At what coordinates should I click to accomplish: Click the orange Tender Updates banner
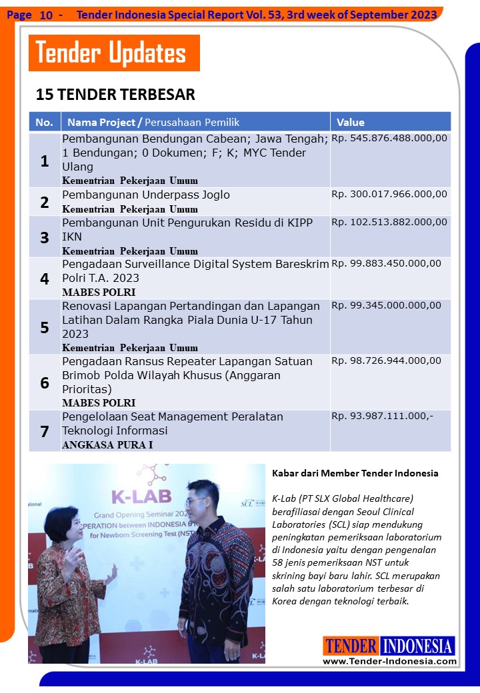point(113,53)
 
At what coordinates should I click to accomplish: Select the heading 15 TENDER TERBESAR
point(115,95)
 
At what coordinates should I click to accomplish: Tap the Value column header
point(351,122)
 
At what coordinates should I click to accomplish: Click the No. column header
point(44,122)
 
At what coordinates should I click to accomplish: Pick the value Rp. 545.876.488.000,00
point(389,139)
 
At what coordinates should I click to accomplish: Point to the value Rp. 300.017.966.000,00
point(389,194)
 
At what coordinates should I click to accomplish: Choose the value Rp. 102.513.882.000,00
point(389,222)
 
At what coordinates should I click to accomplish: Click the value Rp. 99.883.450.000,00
point(386,263)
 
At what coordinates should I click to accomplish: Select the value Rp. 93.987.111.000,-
point(382,416)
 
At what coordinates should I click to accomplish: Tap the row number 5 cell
point(45,327)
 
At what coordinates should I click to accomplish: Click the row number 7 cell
point(45,431)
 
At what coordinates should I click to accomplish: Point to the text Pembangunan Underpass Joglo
point(146,195)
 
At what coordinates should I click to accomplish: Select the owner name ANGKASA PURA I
point(107,445)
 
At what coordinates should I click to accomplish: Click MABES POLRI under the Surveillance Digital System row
point(99,293)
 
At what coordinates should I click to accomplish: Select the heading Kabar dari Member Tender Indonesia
point(355,473)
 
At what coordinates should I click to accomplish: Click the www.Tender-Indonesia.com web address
point(389,661)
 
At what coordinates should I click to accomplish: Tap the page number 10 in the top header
point(46,14)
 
